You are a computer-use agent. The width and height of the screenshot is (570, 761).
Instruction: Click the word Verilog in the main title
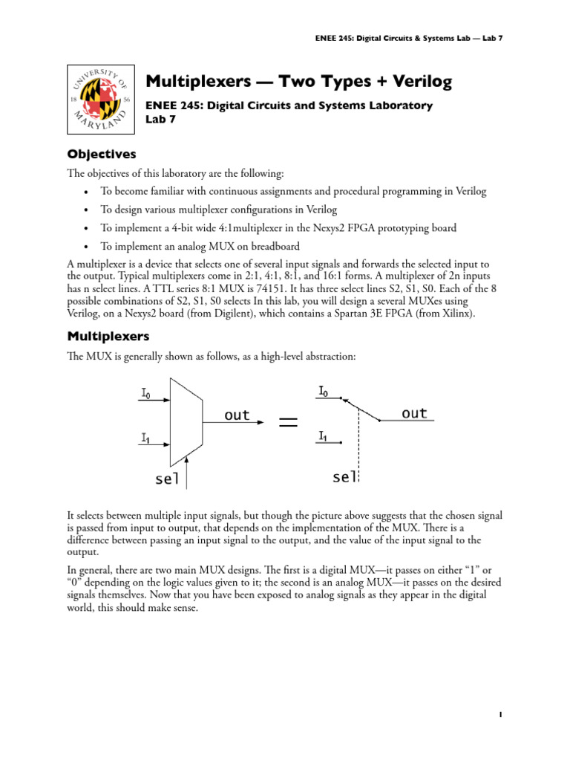(416, 81)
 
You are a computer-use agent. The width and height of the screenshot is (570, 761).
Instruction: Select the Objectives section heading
(102, 155)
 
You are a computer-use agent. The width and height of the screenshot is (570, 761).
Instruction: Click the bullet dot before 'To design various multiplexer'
(88, 210)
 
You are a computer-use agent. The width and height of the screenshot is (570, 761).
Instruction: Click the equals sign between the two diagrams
(288, 422)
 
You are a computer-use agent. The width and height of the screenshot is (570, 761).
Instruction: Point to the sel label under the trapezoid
(168, 479)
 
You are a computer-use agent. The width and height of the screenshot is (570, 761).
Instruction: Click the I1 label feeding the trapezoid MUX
(145, 438)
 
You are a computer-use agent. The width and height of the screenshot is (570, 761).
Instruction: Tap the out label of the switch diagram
(414, 413)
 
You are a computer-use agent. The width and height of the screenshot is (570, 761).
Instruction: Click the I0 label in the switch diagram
(324, 390)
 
